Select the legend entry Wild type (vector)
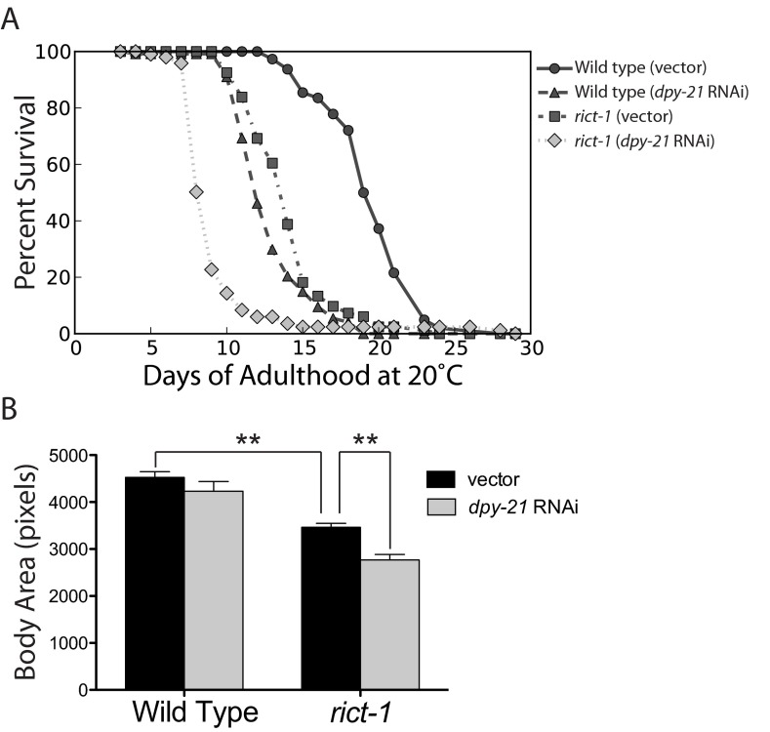click(x=654, y=69)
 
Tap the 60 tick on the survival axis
click(x=59, y=163)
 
